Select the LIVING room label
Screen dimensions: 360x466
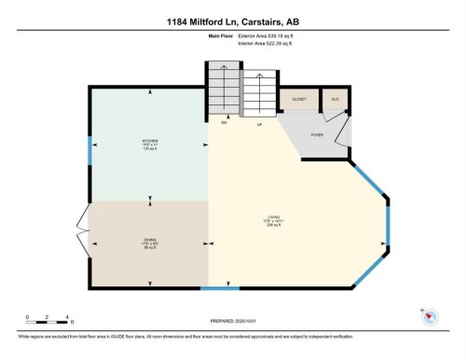273,221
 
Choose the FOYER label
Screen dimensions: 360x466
317,133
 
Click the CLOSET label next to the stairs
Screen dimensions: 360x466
298,98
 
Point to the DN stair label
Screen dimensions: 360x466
224,122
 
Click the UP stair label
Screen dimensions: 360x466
259,122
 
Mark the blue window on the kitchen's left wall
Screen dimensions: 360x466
89,150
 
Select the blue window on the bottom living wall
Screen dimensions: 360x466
214,288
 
